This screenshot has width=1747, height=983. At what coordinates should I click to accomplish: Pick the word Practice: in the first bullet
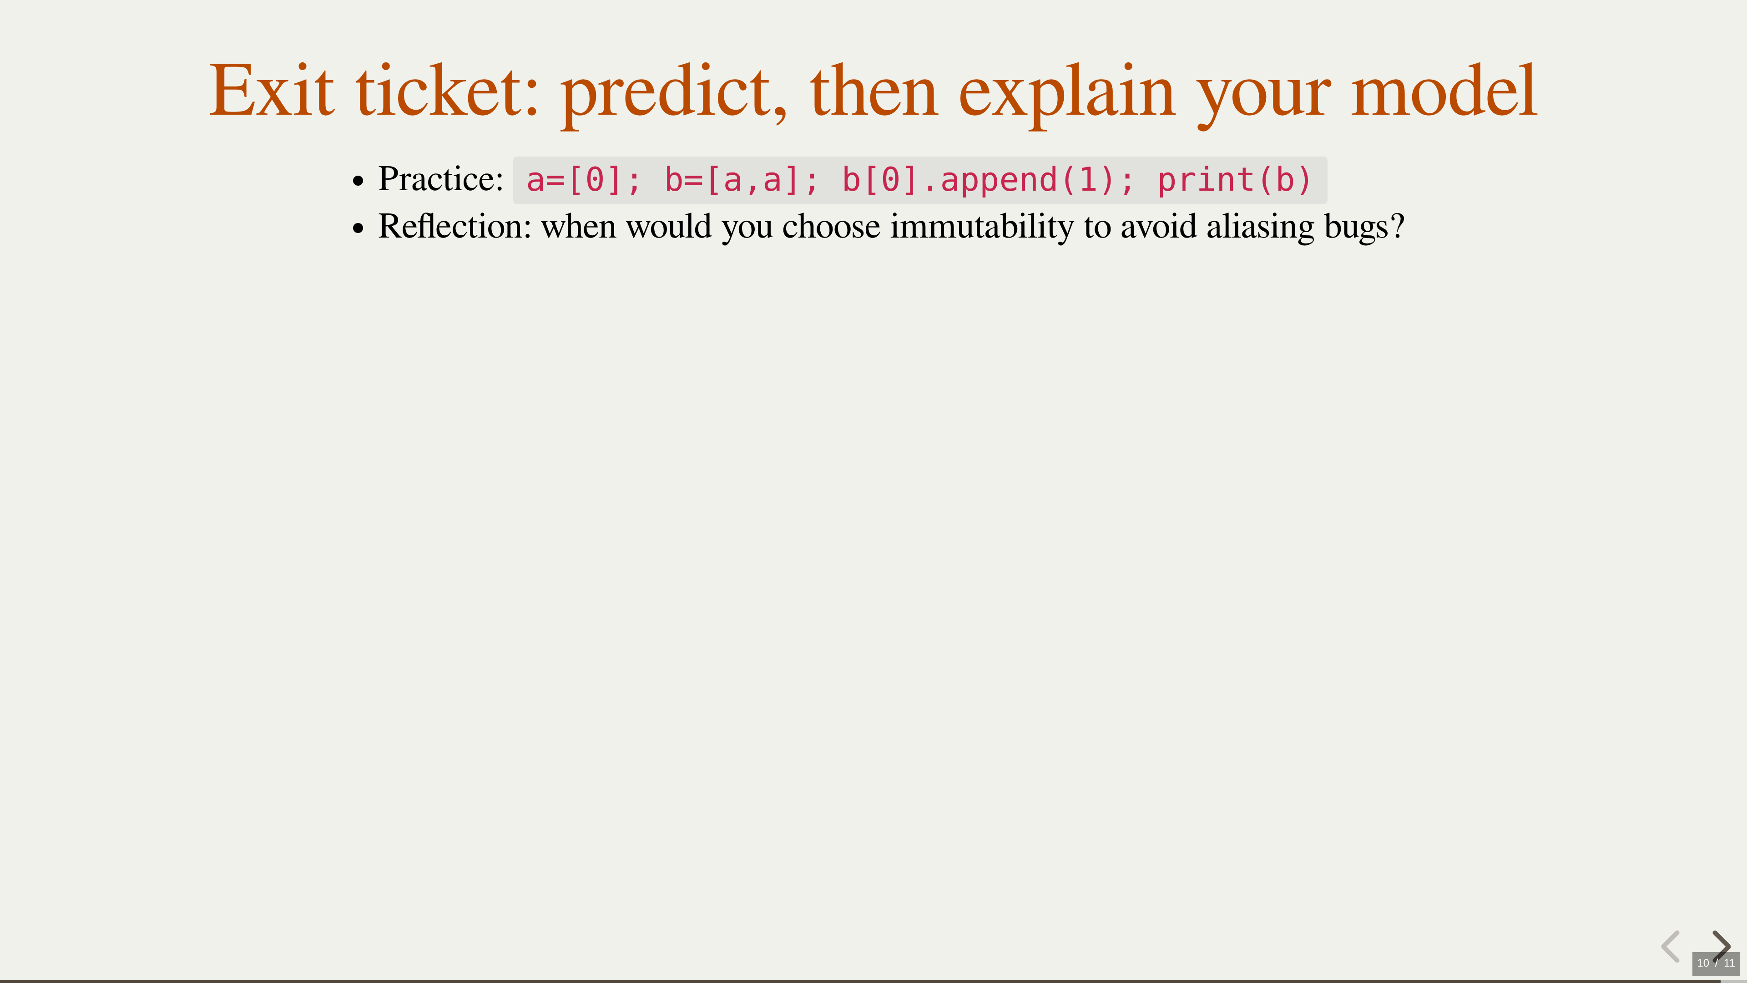click(x=440, y=179)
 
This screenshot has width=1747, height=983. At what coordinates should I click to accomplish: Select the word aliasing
click(x=1261, y=227)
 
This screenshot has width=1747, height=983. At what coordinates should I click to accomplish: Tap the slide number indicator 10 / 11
click(x=1716, y=963)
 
